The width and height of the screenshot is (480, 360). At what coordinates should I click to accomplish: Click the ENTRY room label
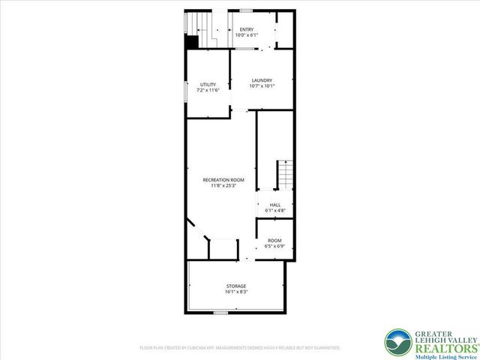[x=247, y=30]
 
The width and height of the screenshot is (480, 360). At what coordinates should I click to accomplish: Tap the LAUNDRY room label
[x=262, y=80]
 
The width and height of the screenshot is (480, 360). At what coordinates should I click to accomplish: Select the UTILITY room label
[x=208, y=84]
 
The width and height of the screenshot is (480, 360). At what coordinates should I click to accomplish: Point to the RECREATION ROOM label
[x=223, y=179]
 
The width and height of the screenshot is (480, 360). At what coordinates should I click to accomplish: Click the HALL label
[x=275, y=205]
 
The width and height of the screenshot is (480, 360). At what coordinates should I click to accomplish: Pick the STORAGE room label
[x=236, y=286]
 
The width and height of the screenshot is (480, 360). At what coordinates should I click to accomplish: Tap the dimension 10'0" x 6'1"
[x=247, y=35]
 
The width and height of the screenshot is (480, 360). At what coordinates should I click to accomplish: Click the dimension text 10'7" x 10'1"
[x=262, y=85]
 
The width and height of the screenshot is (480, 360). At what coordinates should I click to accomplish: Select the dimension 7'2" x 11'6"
[x=208, y=90]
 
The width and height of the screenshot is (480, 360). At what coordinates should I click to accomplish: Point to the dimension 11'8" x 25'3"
[x=223, y=185]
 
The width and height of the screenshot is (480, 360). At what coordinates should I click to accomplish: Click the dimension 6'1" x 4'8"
[x=275, y=211]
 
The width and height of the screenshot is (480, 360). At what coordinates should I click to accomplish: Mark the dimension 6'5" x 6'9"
[x=275, y=246]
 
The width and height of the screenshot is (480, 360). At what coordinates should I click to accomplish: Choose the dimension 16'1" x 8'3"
[x=236, y=292]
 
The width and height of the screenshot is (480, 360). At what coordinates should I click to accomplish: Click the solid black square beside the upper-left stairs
[x=192, y=43]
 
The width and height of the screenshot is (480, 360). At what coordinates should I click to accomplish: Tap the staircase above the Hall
[x=285, y=175]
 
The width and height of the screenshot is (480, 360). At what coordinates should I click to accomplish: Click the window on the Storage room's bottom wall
[x=220, y=312]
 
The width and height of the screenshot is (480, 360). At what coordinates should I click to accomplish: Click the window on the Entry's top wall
[x=246, y=10]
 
